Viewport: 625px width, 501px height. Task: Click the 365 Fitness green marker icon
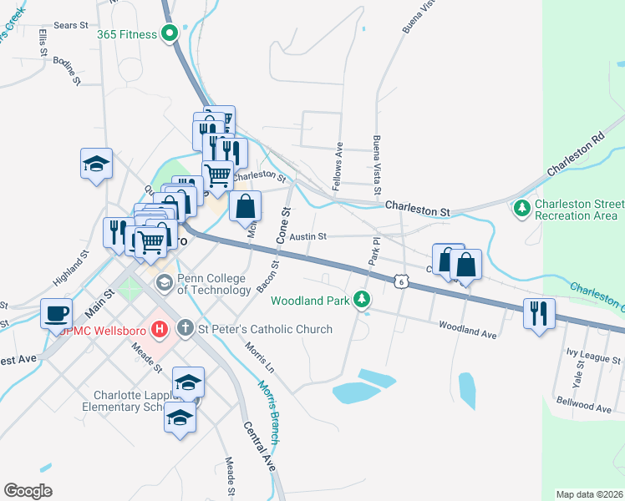pyautogui.click(x=170, y=34)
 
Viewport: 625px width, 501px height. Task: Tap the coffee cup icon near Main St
pyautogui.click(x=57, y=313)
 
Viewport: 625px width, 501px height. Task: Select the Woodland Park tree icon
pyautogui.click(x=361, y=298)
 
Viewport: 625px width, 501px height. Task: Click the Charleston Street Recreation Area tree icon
pyautogui.click(x=522, y=206)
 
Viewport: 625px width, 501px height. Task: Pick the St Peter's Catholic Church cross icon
pyautogui.click(x=185, y=329)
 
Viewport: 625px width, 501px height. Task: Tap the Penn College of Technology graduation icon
pyautogui.click(x=164, y=282)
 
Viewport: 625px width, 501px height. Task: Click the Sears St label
pyautogui.click(x=70, y=26)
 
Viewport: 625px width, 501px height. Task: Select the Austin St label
pyautogui.click(x=308, y=236)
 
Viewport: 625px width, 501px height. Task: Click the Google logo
pyautogui.click(x=28, y=491)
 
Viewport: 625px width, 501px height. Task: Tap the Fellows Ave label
pyautogui.click(x=338, y=167)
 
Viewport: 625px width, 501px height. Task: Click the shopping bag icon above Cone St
pyautogui.click(x=245, y=205)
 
